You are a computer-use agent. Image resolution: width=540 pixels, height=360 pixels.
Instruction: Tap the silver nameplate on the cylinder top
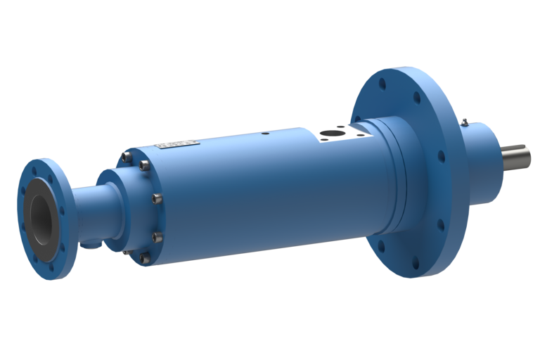tap(177, 145)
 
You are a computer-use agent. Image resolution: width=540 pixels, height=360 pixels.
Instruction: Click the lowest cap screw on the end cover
tap(144, 258)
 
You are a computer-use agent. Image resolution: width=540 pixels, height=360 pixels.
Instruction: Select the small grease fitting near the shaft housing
tap(465, 123)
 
